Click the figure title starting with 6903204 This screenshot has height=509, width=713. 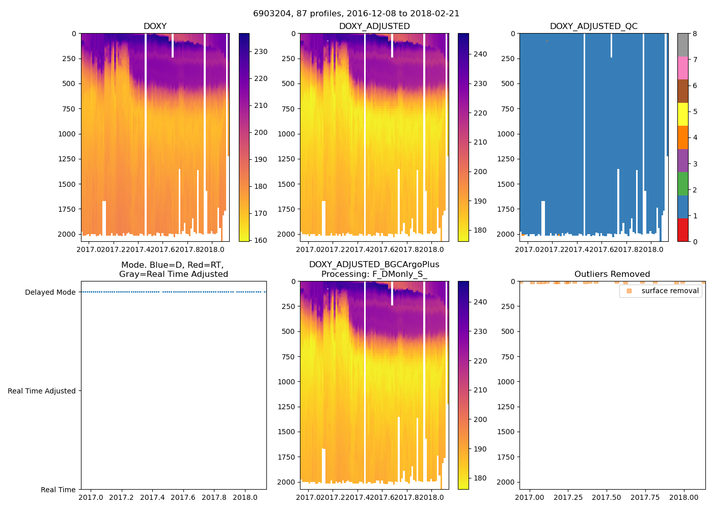tap(356, 14)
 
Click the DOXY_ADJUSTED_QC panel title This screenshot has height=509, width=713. tap(593, 26)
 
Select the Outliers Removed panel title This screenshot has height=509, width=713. tap(612, 274)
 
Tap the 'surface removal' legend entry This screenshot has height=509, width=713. tap(670, 291)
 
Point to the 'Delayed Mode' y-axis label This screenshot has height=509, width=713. tap(50, 292)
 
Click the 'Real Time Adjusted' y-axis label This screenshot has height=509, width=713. tap(41, 391)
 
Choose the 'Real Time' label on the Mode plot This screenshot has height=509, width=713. tap(58, 490)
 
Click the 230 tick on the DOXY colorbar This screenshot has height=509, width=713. tap(261, 51)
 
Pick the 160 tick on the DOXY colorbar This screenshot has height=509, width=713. tap(261, 240)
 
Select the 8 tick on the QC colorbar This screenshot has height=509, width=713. tap(695, 34)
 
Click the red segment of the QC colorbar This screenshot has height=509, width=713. tap(682, 230)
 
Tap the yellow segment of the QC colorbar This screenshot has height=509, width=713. tap(682, 115)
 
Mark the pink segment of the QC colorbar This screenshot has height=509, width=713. tap(682, 68)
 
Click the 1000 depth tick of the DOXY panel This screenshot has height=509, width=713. tap(67, 134)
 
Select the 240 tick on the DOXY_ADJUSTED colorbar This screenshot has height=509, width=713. tap(480, 54)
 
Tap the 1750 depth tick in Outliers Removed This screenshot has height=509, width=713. tap(505, 457)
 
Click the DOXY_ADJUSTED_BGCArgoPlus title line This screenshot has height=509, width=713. tap(374, 265)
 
